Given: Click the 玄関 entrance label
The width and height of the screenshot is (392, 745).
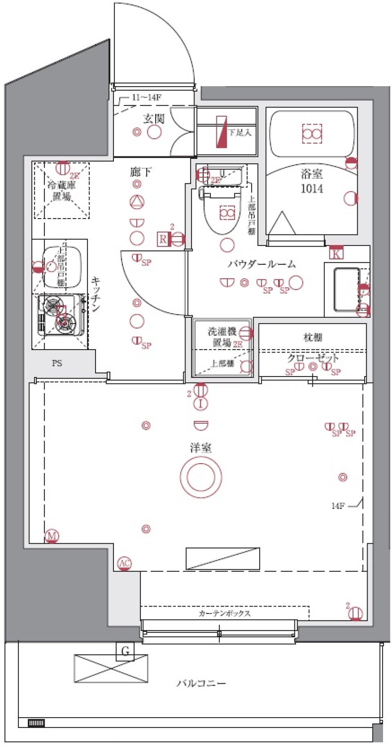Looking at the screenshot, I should tap(154, 119).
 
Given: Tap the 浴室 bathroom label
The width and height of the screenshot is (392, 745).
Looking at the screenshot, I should tap(312, 174).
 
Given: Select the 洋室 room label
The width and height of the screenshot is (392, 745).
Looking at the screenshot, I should tap(200, 448).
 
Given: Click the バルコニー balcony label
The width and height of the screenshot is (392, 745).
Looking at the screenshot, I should tap(201, 683).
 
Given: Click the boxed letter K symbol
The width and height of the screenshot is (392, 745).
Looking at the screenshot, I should tap(336, 254).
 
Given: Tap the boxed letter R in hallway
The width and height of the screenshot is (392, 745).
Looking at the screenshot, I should tap(163, 239).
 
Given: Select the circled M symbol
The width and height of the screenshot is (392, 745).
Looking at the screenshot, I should tap(52, 535).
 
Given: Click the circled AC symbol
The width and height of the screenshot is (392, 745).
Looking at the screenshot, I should tap(124, 564).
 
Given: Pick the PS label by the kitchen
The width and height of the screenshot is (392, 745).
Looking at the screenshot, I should tap(57, 363).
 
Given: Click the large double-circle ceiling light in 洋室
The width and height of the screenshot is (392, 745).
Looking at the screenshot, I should tap(200, 477).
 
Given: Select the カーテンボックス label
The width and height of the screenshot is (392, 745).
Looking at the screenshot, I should tap(225, 613).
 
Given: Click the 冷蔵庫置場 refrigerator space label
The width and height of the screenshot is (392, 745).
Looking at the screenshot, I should tap(62, 191).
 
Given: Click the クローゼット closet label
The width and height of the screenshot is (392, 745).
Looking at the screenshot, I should tap(313, 358).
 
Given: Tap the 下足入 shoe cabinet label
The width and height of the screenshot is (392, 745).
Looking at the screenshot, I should tap(240, 132).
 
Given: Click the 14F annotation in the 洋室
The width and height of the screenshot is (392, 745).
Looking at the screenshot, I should tap(338, 506).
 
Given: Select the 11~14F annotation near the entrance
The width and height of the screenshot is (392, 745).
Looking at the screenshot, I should tap(146, 97).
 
